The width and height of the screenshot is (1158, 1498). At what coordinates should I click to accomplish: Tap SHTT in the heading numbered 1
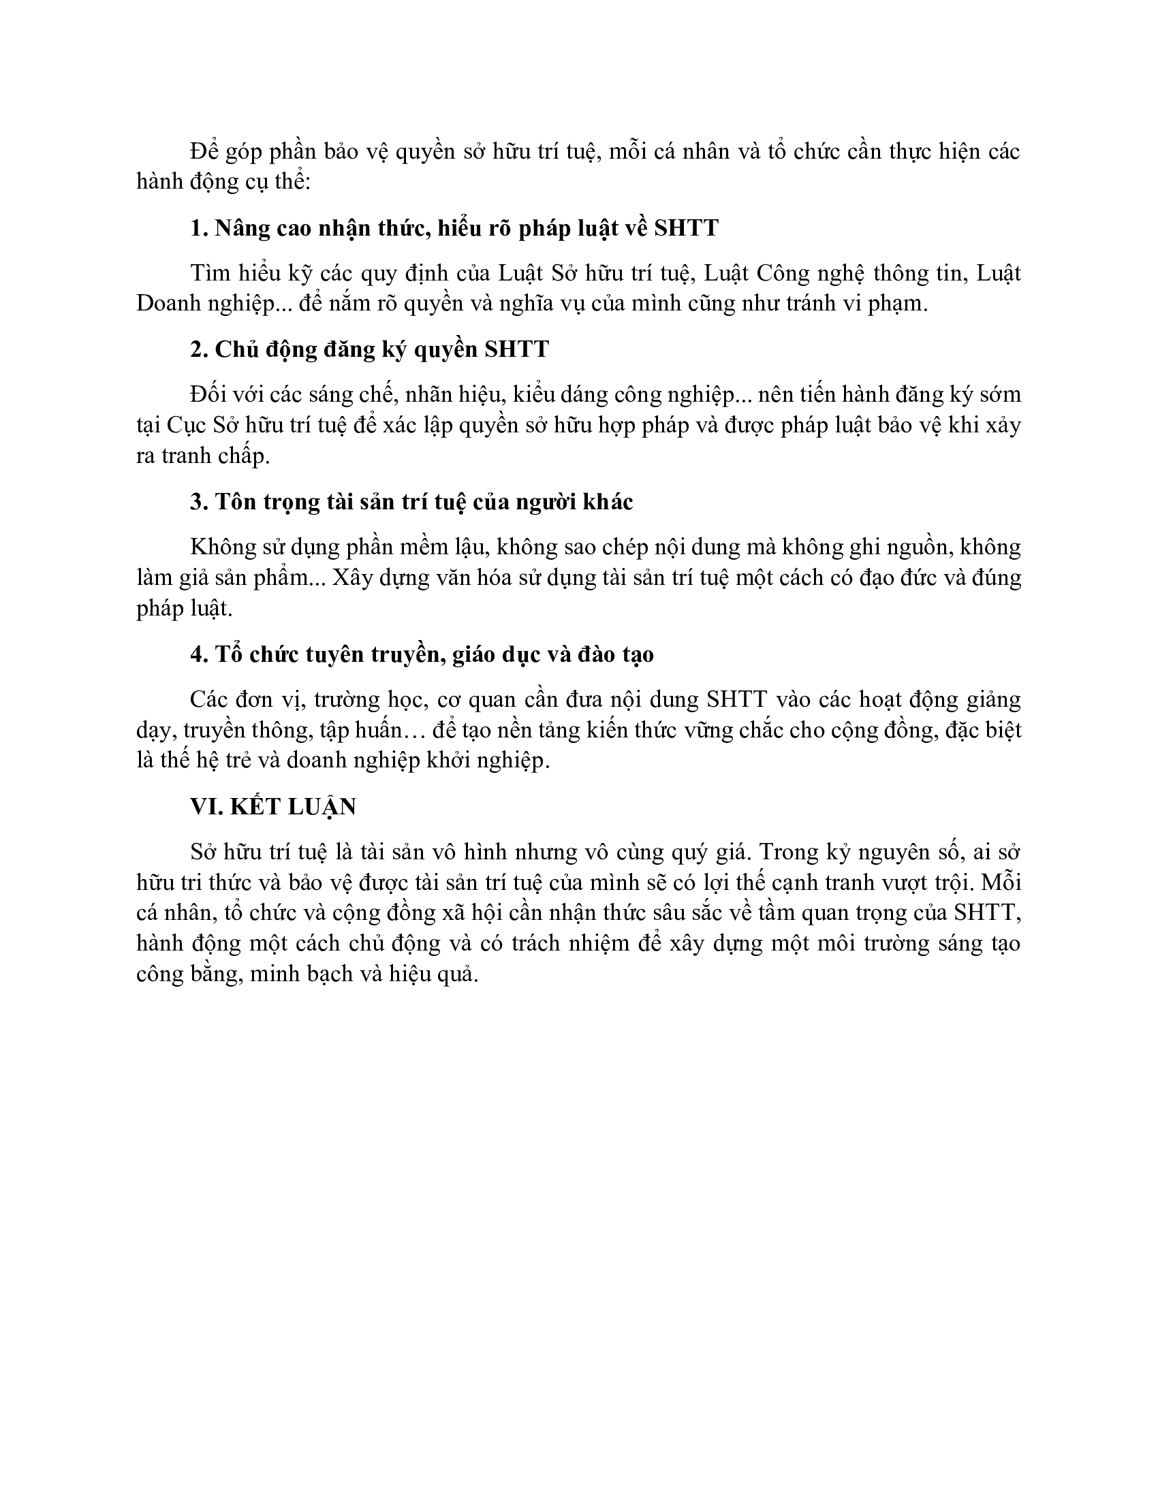[x=685, y=227]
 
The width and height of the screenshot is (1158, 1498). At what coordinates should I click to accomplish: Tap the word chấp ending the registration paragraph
[x=244, y=456]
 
